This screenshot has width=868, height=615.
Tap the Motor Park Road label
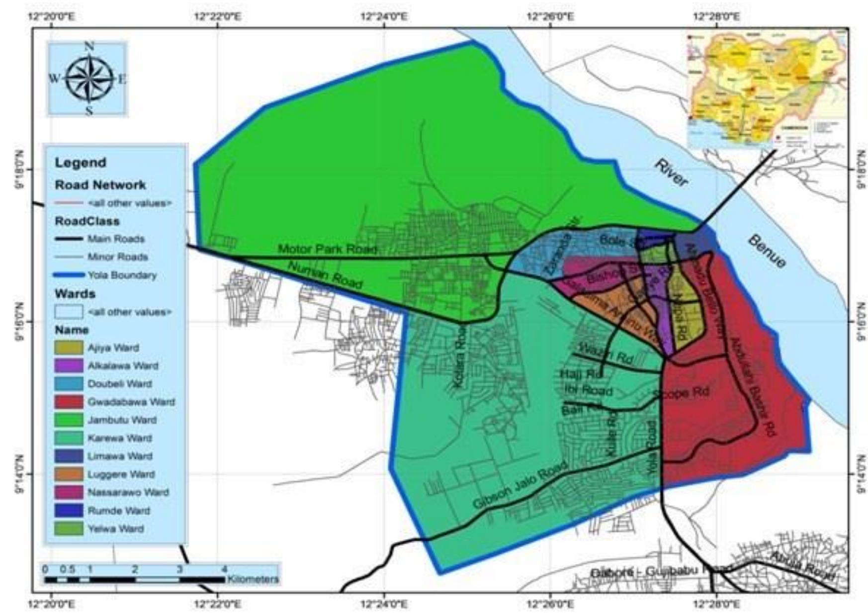(327, 249)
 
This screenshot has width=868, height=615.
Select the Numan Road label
(325, 275)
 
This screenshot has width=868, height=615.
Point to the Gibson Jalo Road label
(520, 485)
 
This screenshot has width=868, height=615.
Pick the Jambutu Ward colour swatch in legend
(69, 420)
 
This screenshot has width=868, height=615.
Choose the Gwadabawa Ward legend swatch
(69, 402)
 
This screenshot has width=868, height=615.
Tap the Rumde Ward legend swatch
(69, 511)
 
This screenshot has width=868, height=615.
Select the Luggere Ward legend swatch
(69, 474)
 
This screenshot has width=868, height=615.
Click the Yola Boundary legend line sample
(69, 275)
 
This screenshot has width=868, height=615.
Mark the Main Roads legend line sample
(69, 239)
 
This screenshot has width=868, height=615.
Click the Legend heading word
(81, 163)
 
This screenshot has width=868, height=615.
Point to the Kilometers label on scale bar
(253, 579)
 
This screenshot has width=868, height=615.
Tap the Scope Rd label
(681, 393)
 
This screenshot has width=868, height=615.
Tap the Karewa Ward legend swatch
(69, 438)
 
